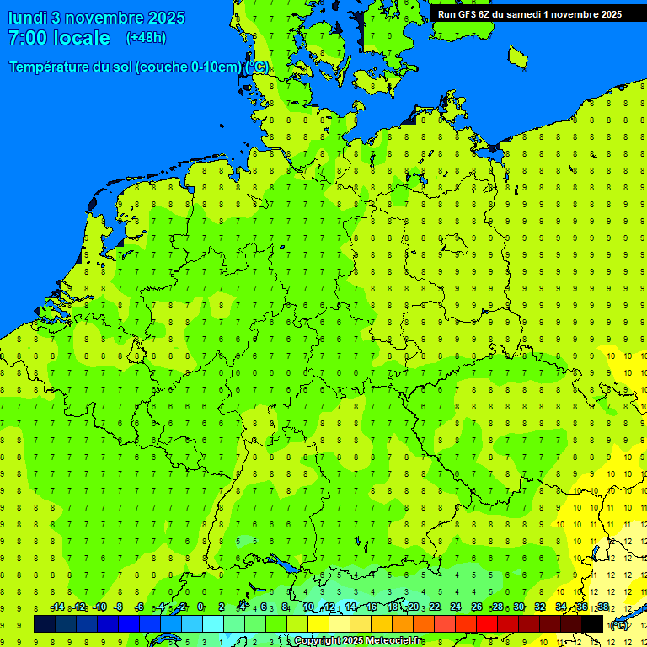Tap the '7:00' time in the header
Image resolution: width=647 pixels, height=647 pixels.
[29, 38]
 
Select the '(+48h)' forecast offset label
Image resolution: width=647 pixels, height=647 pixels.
[146, 38]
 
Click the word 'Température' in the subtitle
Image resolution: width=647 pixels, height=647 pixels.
[53, 67]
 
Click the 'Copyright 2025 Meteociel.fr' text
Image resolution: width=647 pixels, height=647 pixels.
[358, 641]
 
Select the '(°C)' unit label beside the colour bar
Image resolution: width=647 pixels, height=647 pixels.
[619, 625]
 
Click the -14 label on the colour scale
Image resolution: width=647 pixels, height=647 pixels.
[57, 607]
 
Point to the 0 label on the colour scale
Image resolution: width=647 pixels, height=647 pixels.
[201, 607]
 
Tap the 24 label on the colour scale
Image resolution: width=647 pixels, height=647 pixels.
[456, 607]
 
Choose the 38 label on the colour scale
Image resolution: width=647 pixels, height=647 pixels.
[603, 607]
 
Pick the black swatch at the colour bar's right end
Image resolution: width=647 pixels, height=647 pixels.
[592, 624]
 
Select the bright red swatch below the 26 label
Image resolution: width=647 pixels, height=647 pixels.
[487, 624]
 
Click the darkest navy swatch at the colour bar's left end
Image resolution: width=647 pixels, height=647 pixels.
[45, 624]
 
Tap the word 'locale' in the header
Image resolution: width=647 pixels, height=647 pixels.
[82, 38]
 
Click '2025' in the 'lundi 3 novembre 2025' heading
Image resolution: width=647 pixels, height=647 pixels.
[166, 18]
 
